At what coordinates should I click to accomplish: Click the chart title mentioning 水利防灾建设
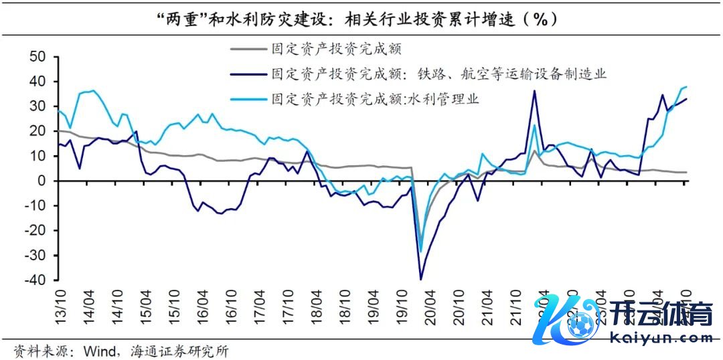tap(361, 19)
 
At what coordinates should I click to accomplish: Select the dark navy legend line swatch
tap(247, 74)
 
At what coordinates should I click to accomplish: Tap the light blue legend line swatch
tap(247, 98)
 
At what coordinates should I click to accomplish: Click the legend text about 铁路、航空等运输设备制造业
tap(438, 74)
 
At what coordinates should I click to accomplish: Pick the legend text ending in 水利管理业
tap(375, 98)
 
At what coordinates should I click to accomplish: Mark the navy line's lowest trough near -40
tap(420, 280)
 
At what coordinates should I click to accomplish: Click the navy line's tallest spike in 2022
tap(534, 91)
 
